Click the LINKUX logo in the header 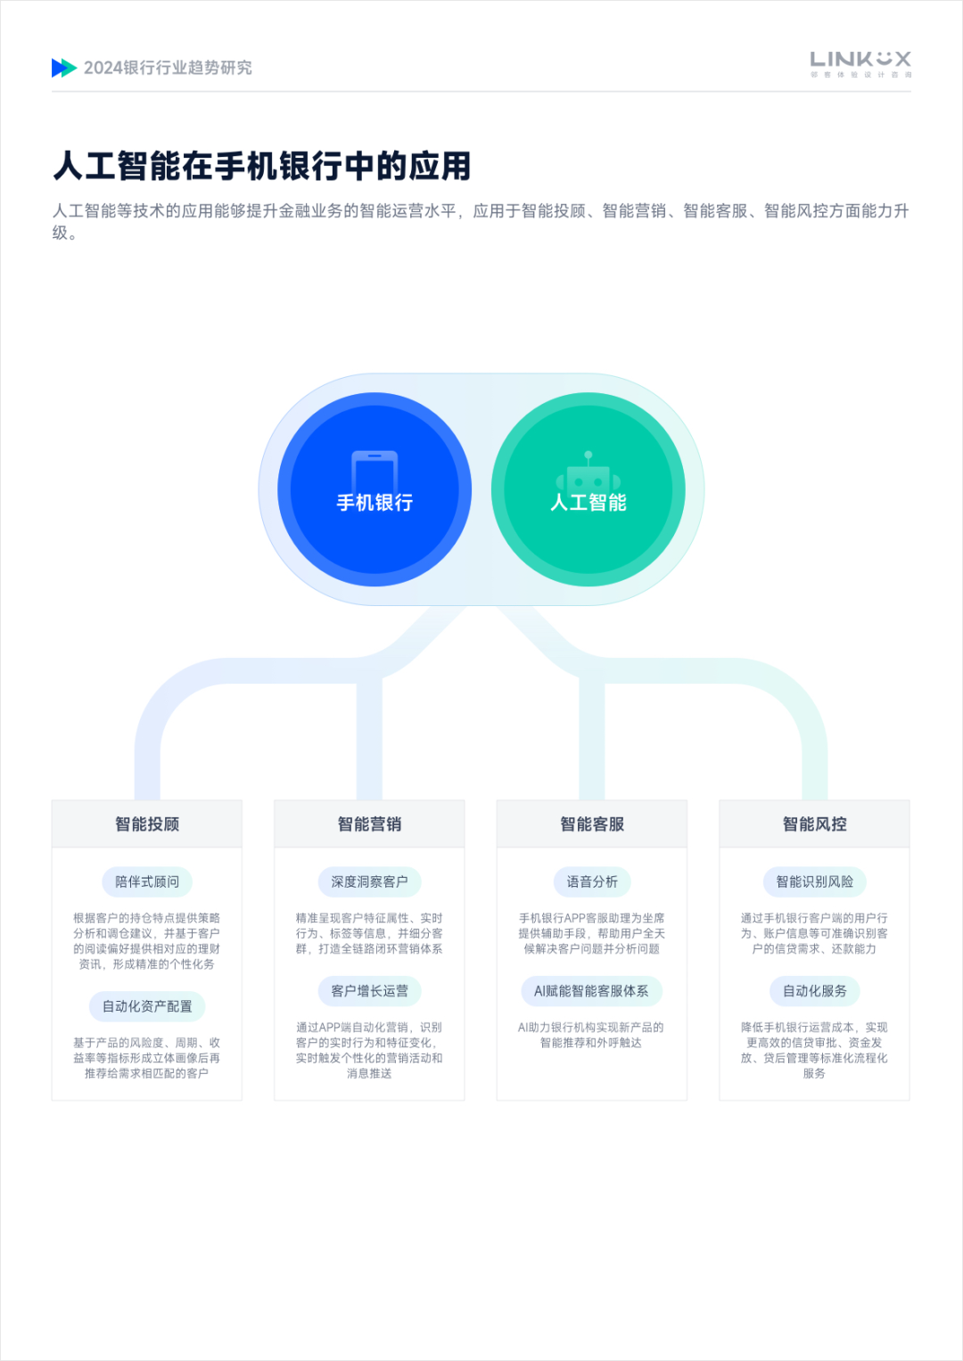click(860, 64)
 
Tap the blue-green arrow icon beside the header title click(64, 68)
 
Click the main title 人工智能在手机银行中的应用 click(262, 166)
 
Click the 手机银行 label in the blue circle click(374, 503)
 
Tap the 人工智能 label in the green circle click(588, 503)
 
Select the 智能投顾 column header click(147, 824)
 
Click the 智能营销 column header click(369, 824)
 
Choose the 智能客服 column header click(591, 824)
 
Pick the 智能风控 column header click(814, 824)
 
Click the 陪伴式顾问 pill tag click(147, 881)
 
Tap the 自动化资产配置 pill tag click(147, 1006)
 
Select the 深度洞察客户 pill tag click(369, 881)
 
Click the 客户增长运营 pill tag click(369, 991)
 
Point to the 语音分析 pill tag click(591, 881)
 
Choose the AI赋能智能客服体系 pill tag click(591, 991)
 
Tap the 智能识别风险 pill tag click(814, 881)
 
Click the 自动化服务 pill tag click(814, 991)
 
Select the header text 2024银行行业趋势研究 click(168, 68)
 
